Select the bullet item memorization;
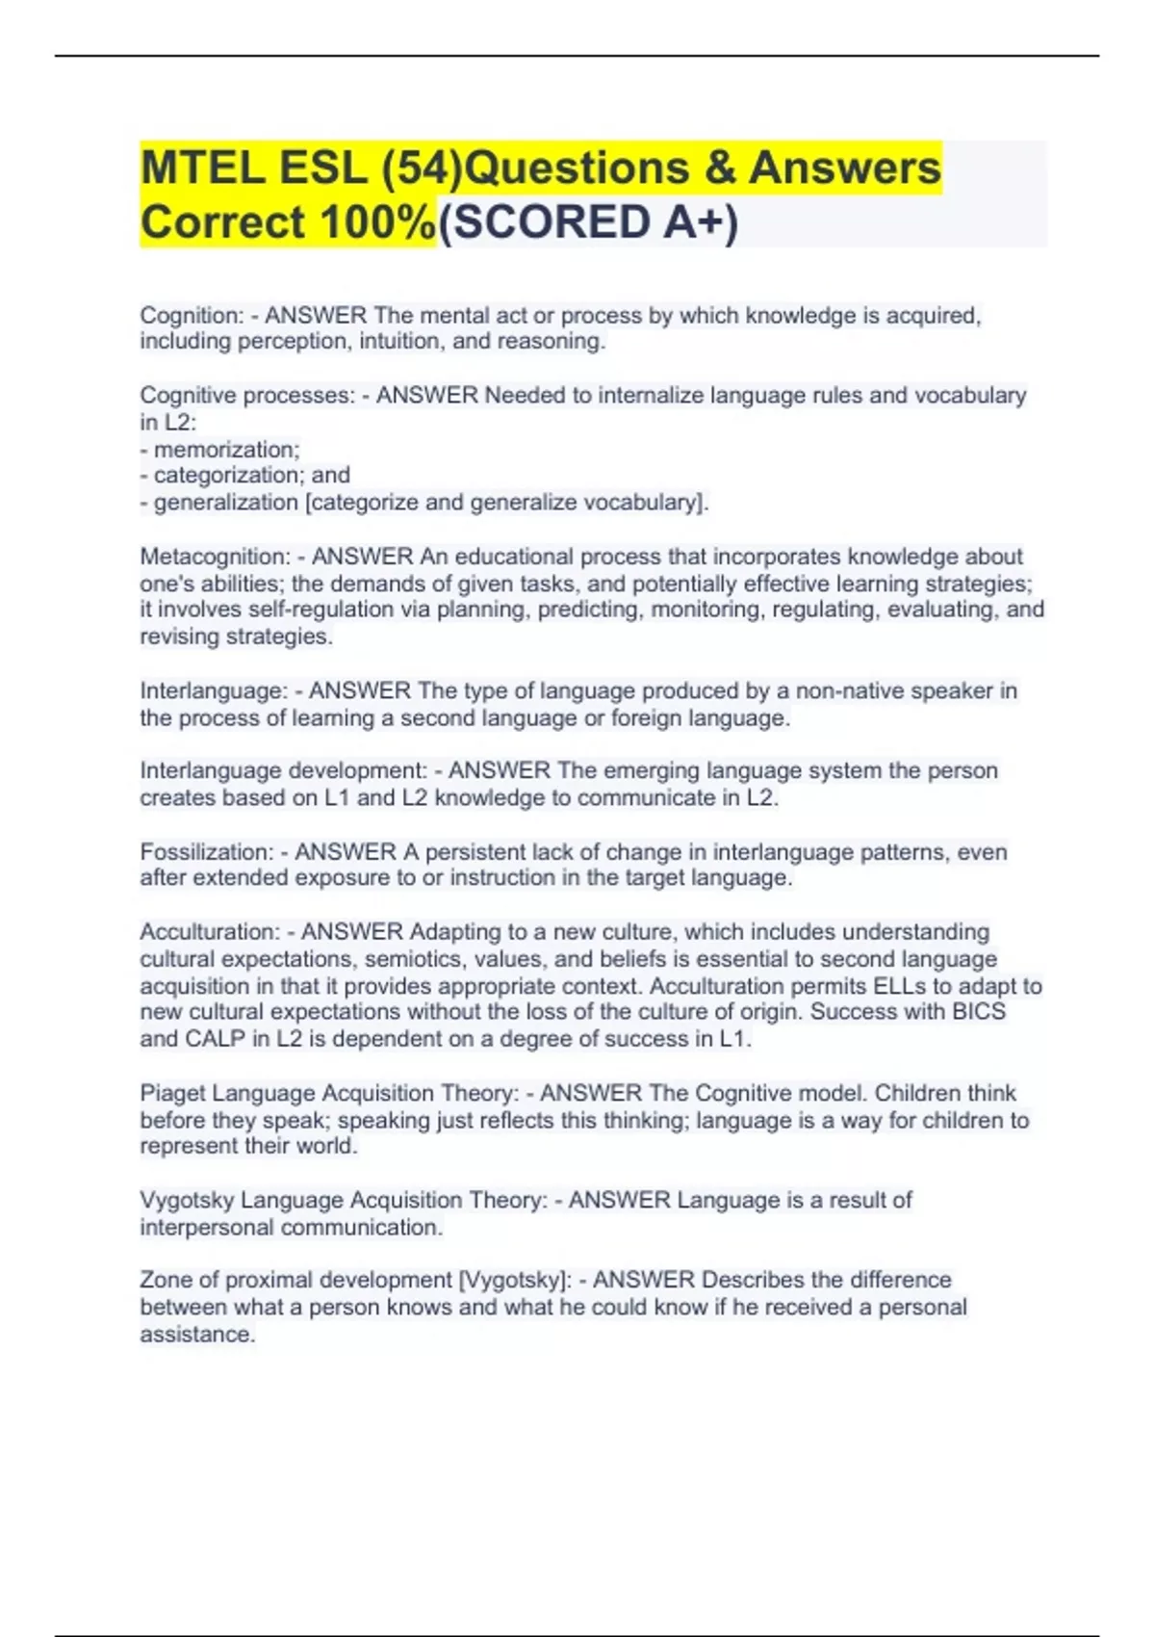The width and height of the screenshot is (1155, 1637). point(226,450)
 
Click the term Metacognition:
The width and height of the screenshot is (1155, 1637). point(215,557)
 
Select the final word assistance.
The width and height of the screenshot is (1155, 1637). point(196,1335)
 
